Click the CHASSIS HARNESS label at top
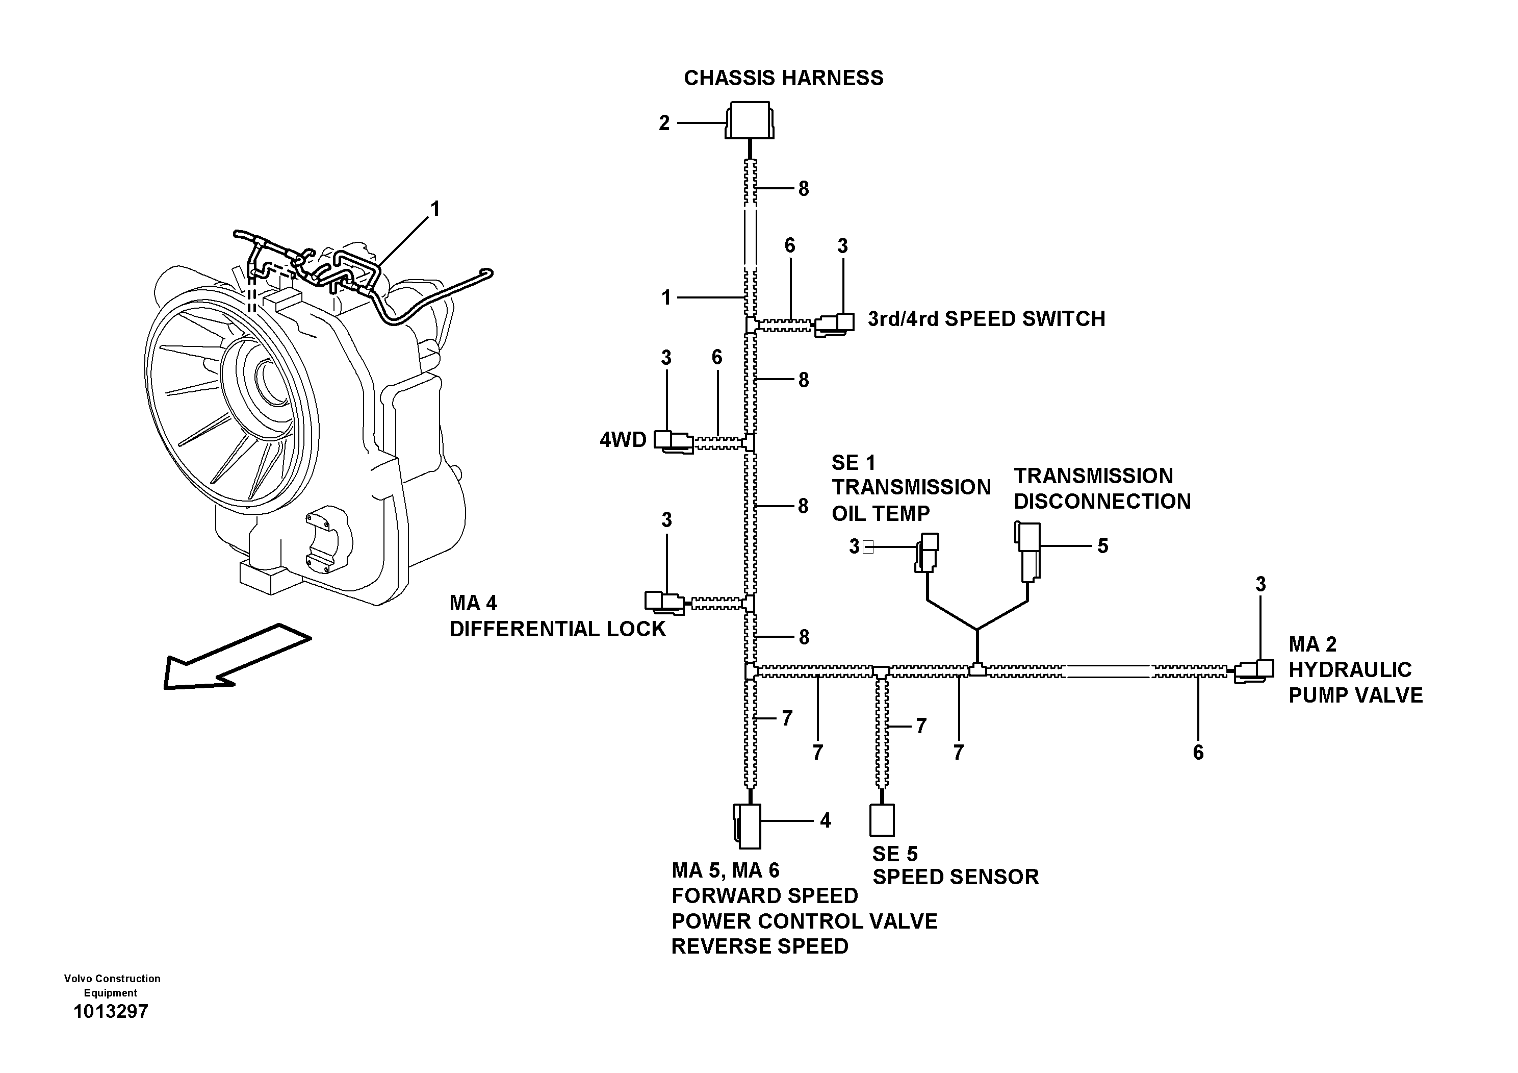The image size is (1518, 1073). click(x=783, y=78)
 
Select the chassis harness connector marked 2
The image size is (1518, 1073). click(x=749, y=120)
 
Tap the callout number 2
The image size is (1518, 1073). click(x=664, y=123)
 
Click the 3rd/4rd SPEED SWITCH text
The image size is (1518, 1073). click(x=986, y=319)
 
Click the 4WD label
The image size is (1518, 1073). click(x=622, y=440)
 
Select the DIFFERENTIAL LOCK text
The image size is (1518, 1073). click(x=557, y=629)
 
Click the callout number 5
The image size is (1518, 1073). click(x=1102, y=546)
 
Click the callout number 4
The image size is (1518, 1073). click(x=825, y=820)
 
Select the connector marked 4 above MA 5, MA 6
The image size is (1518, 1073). click(x=748, y=826)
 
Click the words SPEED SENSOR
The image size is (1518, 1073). click(x=956, y=877)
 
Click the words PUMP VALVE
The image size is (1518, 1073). click(x=1355, y=695)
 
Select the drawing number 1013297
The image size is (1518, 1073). click(x=111, y=1011)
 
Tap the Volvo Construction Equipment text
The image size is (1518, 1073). click(x=112, y=985)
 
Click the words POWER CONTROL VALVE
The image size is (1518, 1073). click(x=804, y=921)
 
